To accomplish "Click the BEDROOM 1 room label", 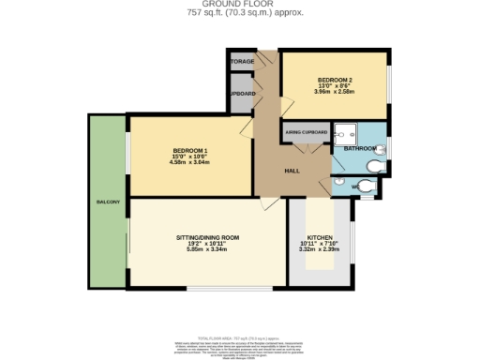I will (190, 151).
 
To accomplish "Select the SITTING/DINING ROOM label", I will (208, 239).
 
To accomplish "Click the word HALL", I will (292, 170).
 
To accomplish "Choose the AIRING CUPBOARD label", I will (306, 133).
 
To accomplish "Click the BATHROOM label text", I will (359, 148).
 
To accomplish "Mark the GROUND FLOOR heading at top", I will (240, 5).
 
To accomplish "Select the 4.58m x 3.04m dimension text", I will (190, 162).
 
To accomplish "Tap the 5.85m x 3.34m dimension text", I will (208, 249).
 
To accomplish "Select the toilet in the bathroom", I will (375, 166).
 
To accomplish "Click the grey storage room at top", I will (240, 62).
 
